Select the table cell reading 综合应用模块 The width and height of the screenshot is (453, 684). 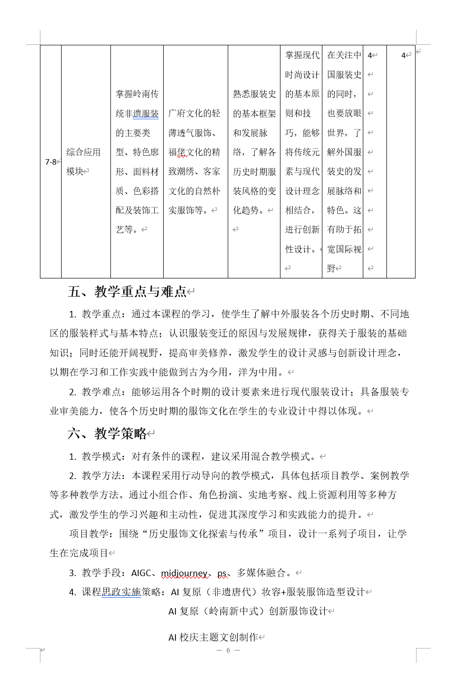pyautogui.click(x=83, y=162)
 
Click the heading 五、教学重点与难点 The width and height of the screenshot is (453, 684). pyautogui.click(x=127, y=292)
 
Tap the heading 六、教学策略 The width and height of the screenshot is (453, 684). pyautogui.click(x=107, y=434)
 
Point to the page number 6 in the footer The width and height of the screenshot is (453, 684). pyautogui.click(x=228, y=650)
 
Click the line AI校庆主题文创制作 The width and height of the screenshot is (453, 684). pyautogui.click(x=213, y=637)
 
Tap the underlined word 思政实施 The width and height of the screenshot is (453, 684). pyautogui.click(x=121, y=592)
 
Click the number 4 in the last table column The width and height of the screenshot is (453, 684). pyautogui.click(x=404, y=56)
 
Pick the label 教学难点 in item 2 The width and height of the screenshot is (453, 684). pyautogui.click(x=101, y=392)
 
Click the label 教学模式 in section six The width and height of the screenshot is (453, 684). pyautogui.click(x=101, y=457)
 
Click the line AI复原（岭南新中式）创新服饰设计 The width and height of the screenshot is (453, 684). pyautogui.click(x=248, y=612)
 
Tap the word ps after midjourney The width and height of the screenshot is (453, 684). pyautogui.click(x=222, y=573)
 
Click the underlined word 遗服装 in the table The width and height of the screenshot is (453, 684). pyautogui.click(x=146, y=114)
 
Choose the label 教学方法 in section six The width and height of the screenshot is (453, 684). pyautogui.click(x=101, y=476)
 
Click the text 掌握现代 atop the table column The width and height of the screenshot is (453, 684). pyautogui.click(x=302, y=55)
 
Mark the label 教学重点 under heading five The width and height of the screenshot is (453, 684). pyautogui.click(x=101, y=314)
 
